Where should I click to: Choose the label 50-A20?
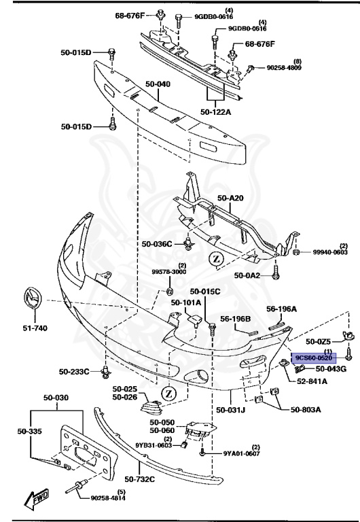230,198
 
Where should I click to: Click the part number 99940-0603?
331,253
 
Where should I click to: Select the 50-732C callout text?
139,480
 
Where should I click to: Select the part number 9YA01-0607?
242,453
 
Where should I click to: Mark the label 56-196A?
282,309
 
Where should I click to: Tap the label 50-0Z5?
318,341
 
